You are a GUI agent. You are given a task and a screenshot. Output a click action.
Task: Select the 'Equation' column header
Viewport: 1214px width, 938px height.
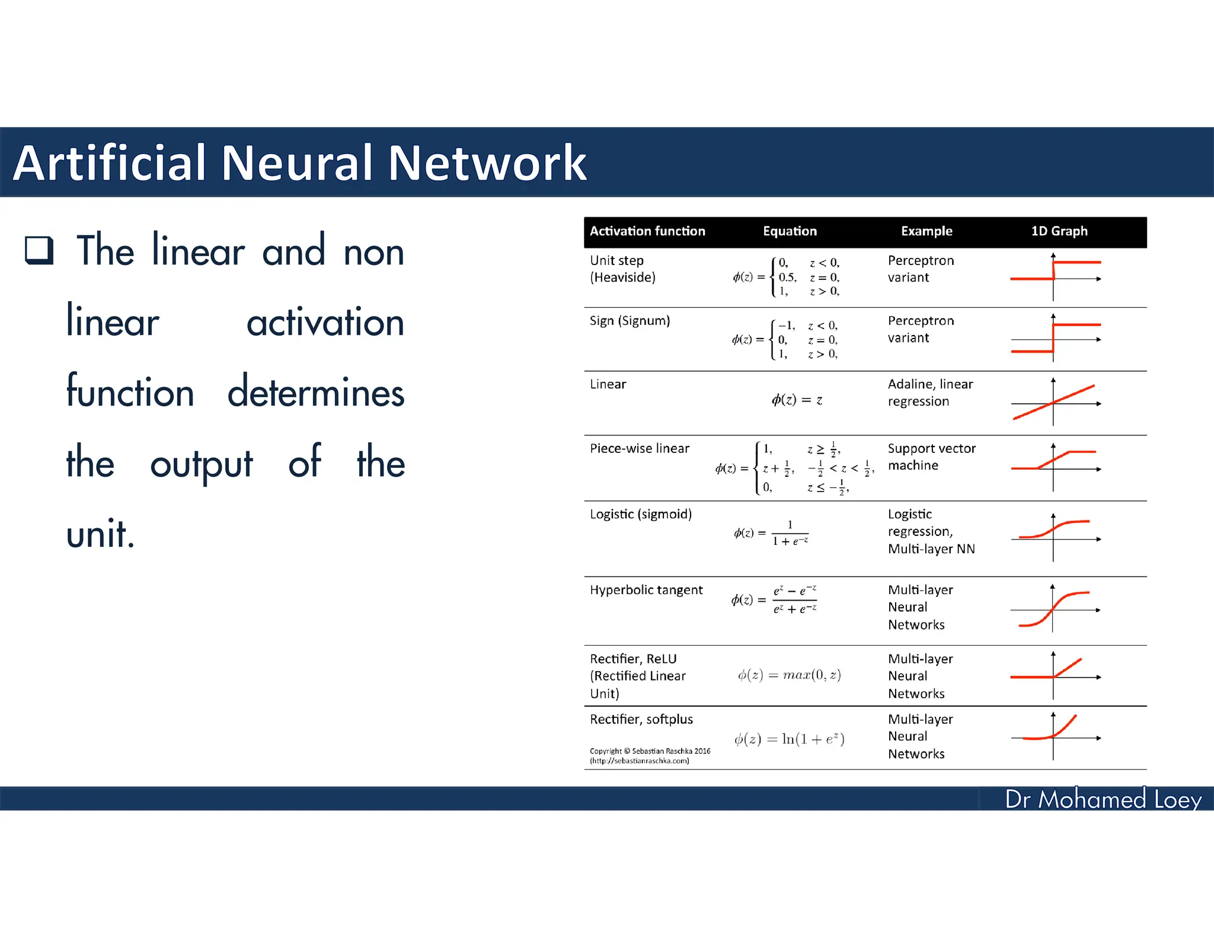pos(790,231)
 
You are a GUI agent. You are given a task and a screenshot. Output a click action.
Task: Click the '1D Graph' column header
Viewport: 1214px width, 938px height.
pos(1059,231)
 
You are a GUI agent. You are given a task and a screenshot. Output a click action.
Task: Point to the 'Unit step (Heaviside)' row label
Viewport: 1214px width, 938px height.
pos(622,269)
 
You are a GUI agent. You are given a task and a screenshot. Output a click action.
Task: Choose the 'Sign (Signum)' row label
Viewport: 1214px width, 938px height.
pos(630,321)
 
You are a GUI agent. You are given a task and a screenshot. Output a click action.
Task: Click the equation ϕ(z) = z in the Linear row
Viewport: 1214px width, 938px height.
pos(797,400)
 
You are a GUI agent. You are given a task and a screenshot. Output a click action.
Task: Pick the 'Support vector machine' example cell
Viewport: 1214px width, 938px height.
pos(931,457)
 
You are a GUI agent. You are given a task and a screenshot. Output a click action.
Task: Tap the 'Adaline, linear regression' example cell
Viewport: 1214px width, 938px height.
pos(930,393)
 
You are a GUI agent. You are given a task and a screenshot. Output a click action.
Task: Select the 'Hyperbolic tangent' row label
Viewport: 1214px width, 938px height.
pos(646,591)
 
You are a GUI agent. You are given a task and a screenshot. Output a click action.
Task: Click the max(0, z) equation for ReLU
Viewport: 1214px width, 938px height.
pos(789,675)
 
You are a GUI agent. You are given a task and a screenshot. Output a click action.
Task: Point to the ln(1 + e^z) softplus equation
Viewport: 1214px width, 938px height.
pos(789,739)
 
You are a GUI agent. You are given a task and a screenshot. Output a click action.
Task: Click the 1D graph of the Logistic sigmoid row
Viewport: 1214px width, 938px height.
pos(1055,537)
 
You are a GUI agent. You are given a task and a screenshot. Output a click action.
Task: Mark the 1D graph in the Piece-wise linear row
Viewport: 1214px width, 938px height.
pos(1055,467)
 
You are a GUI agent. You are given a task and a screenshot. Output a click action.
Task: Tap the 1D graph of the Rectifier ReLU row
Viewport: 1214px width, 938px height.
pos(1055,675)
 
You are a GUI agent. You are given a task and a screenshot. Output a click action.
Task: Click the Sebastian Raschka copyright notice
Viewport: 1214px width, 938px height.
pos(650,756)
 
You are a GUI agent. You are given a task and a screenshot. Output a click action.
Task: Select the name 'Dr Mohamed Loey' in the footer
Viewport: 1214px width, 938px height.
pos(1103,799)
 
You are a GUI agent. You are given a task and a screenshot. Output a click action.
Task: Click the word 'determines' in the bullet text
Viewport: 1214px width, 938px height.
pos(316,393)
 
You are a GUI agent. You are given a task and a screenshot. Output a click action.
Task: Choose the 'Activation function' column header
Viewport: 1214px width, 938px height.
pos(647,231)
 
